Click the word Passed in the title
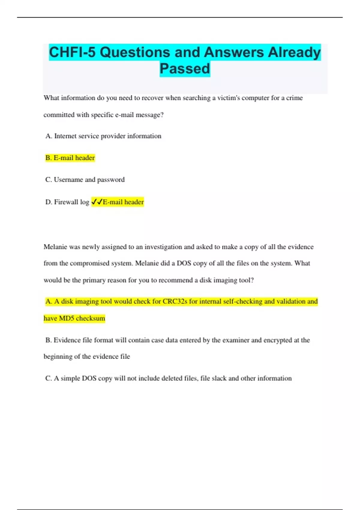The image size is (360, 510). (x=184, y=69)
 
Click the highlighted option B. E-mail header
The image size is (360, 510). (x=70, y=158)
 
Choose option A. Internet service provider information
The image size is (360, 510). (x=103, y=136)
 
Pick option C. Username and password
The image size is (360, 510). (x=85, y=180)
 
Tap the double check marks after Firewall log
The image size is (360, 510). (x=97, y=202)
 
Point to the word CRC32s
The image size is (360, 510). (x=175, y=301)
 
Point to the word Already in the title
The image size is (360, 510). (x=294, y=52)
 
